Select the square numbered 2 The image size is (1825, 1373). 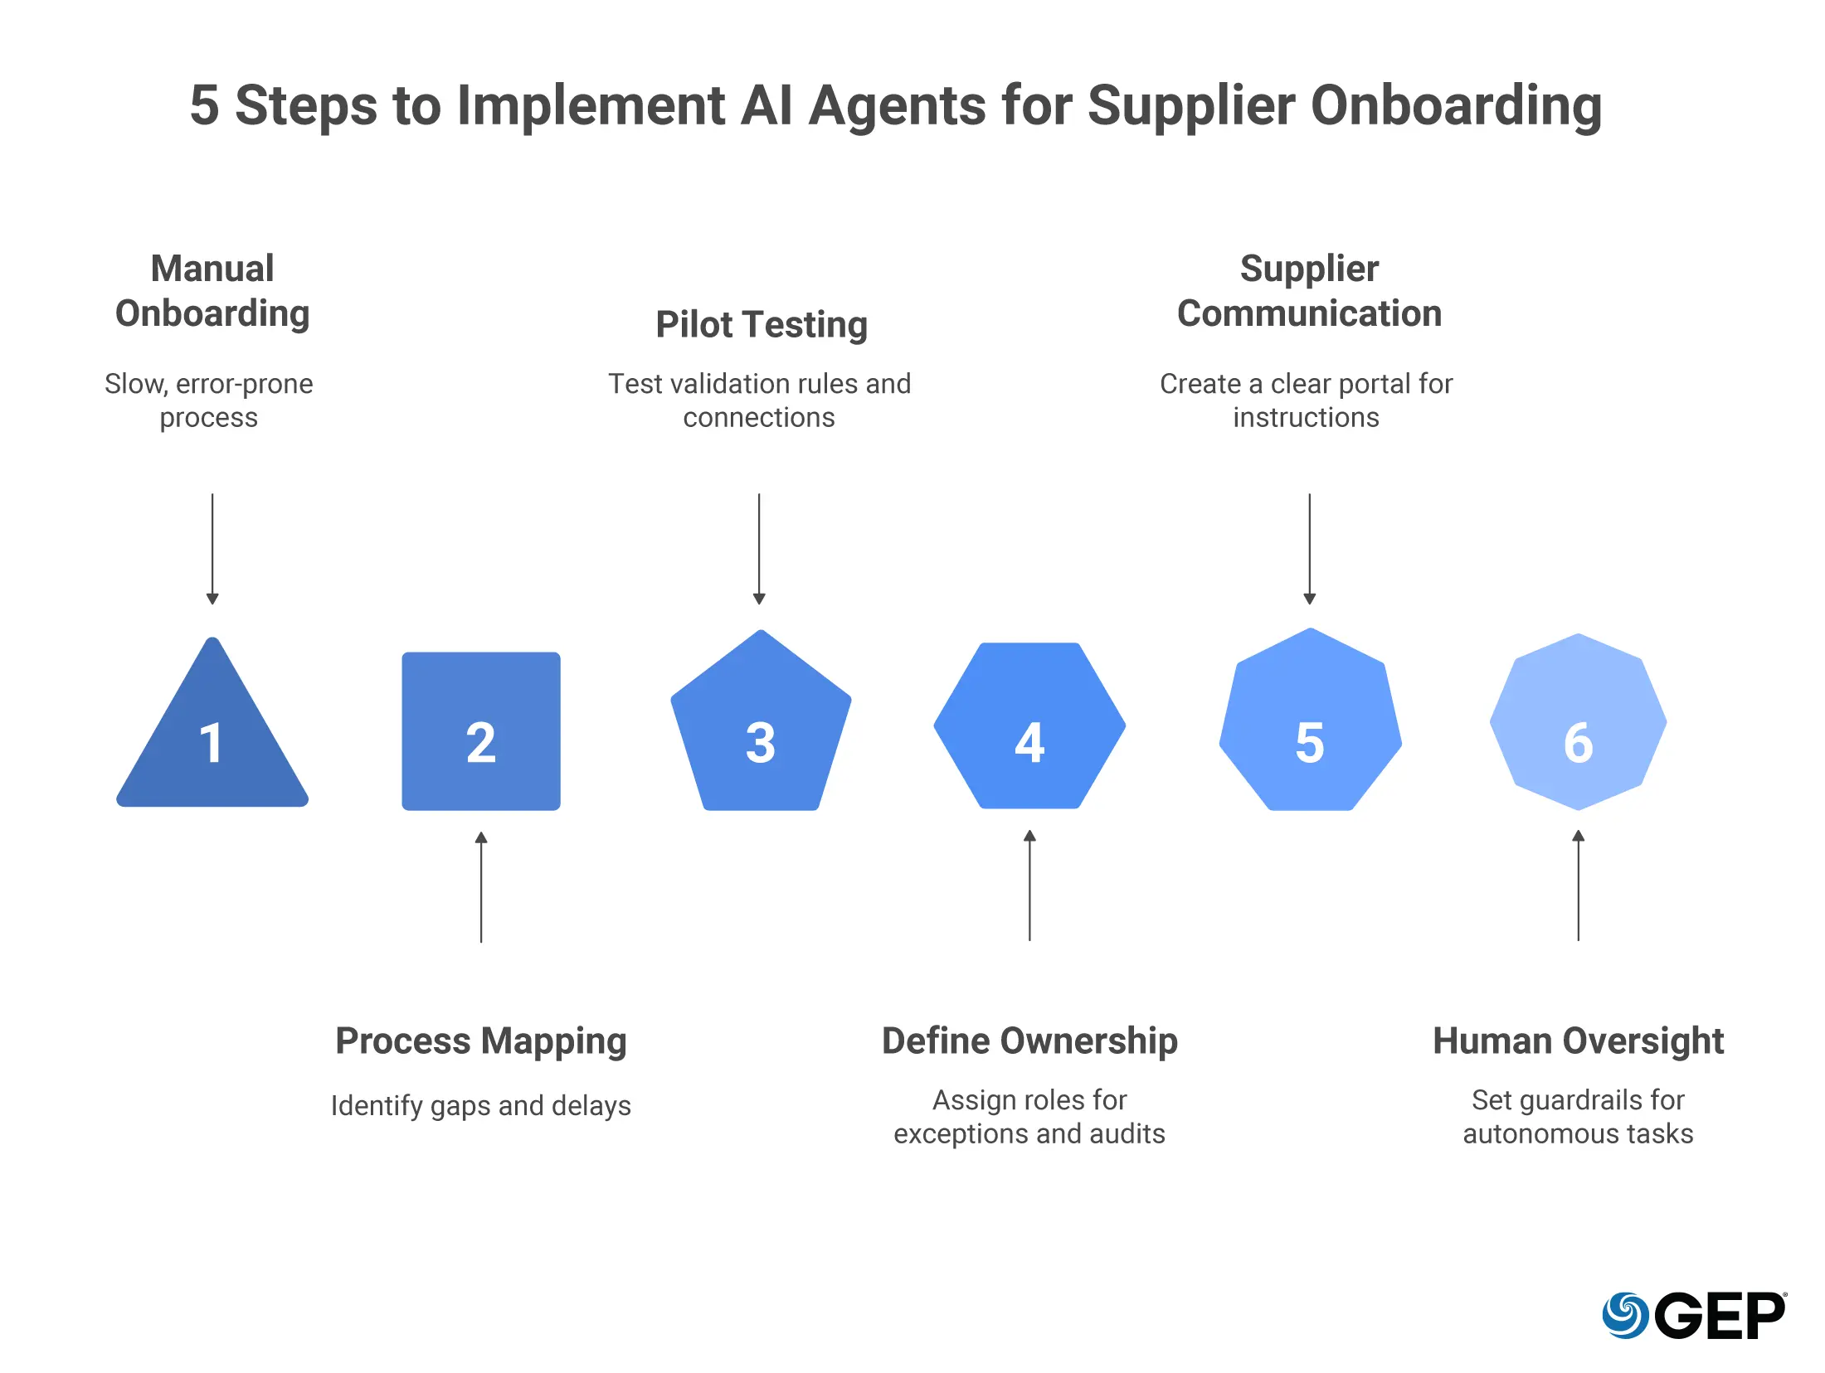click(x=481, y=731)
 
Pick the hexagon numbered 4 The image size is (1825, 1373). click(x=1029, y=725)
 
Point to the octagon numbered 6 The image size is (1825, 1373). click(x=1578, y=722)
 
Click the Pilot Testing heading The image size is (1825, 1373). click(x=762, y=324)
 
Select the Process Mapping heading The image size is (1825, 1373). click(x=481, y=1041)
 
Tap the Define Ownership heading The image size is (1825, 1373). click(x=1029, y=1041)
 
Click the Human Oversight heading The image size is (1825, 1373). click(x=1578, y=1041)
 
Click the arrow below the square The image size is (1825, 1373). click(x=481, y=887)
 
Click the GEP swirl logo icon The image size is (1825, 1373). click(x=1624, y=1315)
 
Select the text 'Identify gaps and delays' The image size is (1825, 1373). click(x=481, y=1106)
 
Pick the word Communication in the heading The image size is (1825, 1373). click(x=1309, y=313)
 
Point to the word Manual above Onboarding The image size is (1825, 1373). click(x=212, y=269)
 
